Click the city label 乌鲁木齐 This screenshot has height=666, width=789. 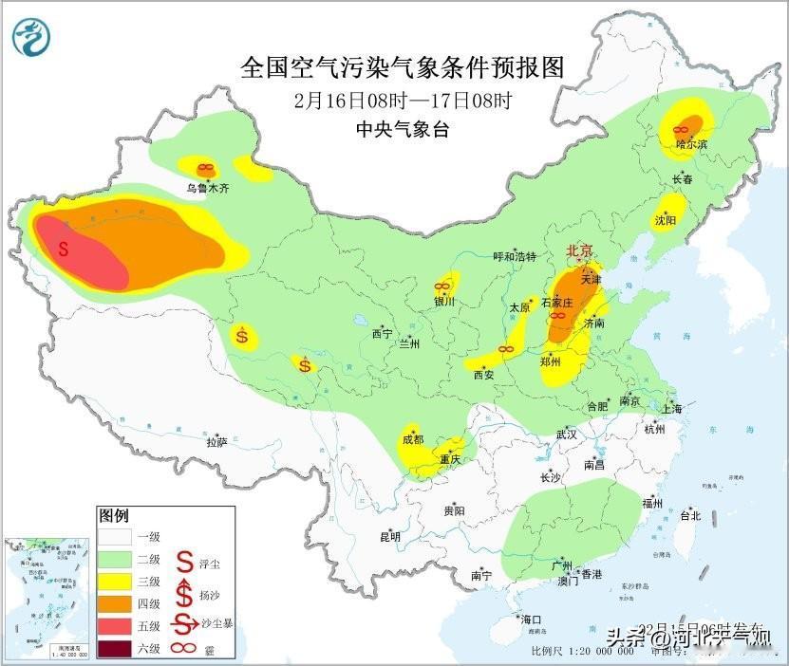coord(207,189)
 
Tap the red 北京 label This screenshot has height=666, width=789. coord(579,250)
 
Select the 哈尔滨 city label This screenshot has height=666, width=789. coord(692,144)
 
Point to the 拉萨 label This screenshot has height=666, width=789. coord(216,441)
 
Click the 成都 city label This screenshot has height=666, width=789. coord(413,439)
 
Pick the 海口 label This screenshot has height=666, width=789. coord(531,620)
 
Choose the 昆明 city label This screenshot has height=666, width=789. coord(390,536)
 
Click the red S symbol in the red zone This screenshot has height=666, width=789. coord(64,250)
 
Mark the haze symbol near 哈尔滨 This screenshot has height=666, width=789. coord(681,129)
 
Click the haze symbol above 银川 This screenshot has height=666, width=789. coord(441,286)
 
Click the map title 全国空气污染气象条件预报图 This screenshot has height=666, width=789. coord(403,67)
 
